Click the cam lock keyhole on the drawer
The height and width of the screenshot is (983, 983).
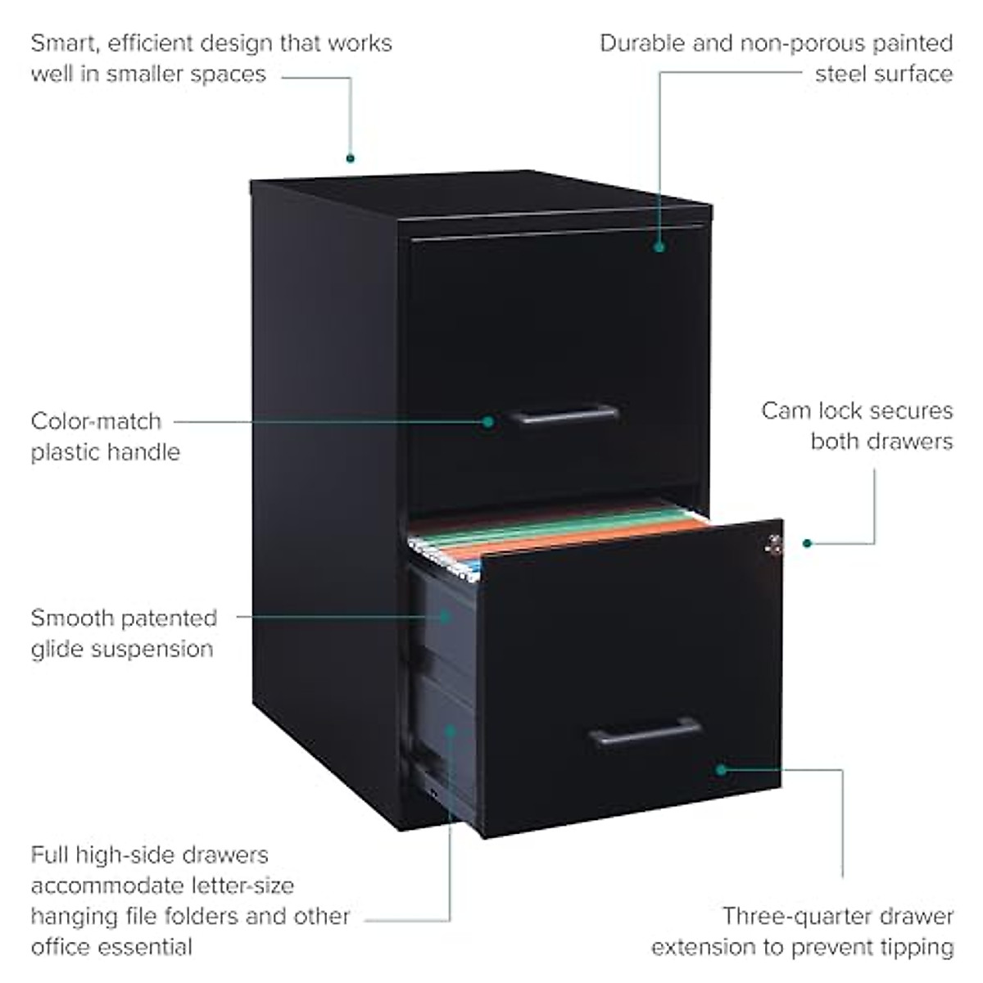(x=772, y=543)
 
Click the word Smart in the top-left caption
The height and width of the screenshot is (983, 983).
(x=68, y=43)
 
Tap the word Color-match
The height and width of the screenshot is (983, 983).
(x=96, y=421)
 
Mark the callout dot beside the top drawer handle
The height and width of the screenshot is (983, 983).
(x=488, y=422)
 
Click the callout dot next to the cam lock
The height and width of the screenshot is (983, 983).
(x=807, y=543)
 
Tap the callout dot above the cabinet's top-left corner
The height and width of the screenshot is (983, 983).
(x=350, y=158)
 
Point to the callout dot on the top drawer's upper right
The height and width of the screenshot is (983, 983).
(x=659, y=246)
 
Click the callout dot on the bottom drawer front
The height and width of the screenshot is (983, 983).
(x=721, y=769)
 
